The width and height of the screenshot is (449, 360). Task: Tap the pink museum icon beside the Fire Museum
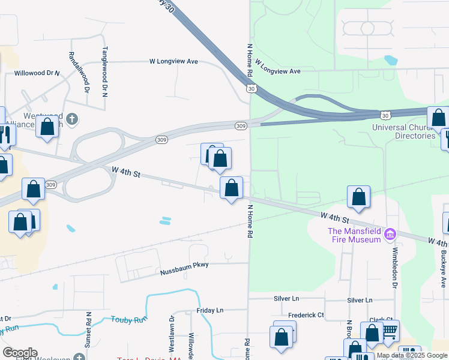[390, 233]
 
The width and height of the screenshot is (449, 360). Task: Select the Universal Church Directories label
[403, 131]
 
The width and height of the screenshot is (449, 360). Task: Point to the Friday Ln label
[209, 310]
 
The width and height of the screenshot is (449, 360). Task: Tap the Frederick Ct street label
[306, 315]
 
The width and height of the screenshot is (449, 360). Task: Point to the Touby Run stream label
[128, 320]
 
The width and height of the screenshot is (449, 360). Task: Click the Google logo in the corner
[20, 353]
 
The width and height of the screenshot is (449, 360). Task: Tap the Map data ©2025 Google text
[412, 355]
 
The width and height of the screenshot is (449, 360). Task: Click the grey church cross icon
[72, 118]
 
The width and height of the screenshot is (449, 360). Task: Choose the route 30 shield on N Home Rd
[251, 88]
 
